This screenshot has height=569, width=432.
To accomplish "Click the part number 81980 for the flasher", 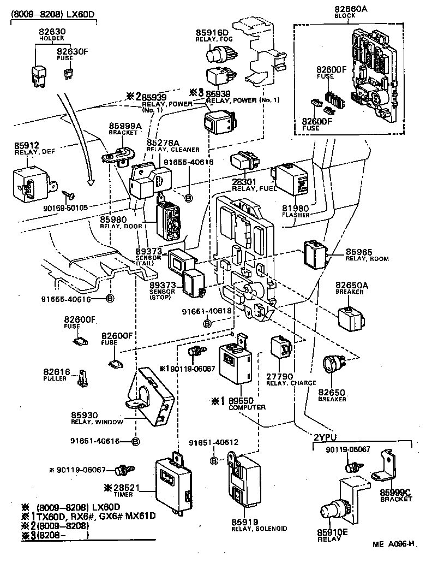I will [296, 208].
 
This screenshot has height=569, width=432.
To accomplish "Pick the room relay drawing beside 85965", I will [315, 253].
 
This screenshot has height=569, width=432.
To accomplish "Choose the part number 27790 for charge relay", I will [280, 377].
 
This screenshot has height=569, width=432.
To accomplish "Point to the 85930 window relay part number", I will [84, 415].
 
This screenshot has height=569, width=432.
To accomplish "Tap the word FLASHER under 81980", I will [296, 215].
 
